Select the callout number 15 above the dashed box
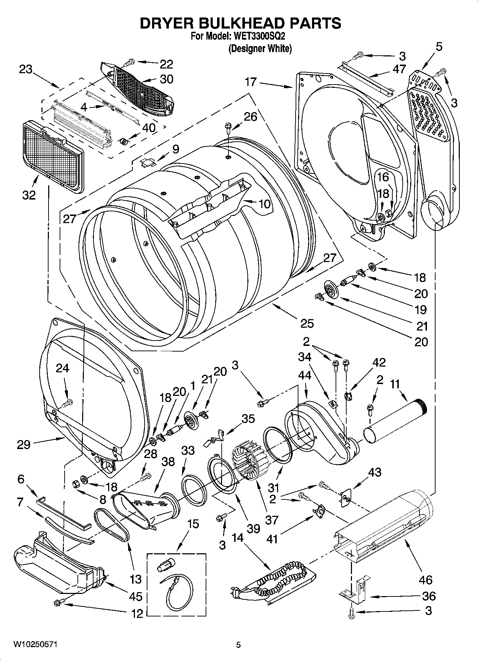point(193,524)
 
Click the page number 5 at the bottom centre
point(238,645)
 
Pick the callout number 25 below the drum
point(307,323)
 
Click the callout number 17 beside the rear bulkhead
point(251,82)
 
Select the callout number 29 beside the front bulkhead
point(24,444)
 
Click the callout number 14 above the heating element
point(238,538)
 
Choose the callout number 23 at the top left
point(26,69)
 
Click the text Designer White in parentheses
point(260,49)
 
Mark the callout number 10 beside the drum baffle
point(264,204)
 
